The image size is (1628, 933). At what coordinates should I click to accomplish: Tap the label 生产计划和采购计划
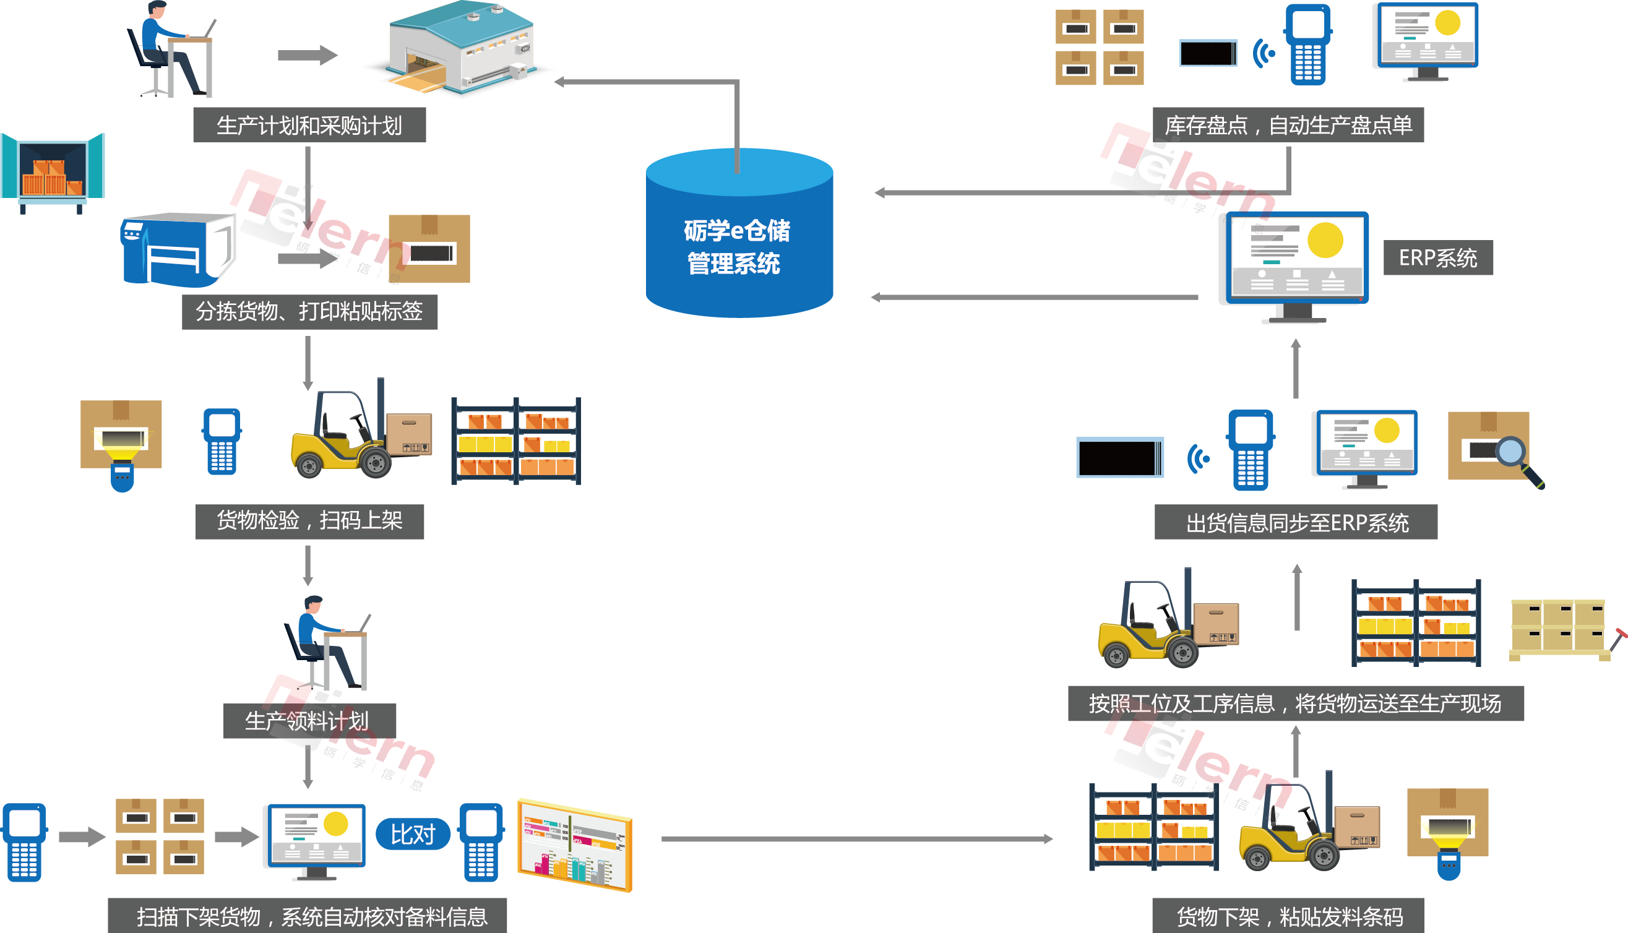(309, 125)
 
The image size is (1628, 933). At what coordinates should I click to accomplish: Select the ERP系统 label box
(1437, 257)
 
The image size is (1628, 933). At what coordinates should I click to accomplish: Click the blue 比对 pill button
(413, 834)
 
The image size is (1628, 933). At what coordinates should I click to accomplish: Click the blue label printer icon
(173, 250)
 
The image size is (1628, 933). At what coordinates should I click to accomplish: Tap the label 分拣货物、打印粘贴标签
(309, 312)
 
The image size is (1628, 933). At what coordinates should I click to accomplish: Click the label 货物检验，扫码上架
(309, 521)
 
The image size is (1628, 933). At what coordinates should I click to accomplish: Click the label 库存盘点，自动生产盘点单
(1287, 125)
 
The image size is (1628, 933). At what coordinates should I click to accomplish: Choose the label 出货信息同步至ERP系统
(1295, 522)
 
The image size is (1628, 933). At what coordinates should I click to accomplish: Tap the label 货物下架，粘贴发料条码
(1287, 916)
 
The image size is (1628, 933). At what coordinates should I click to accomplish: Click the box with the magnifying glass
(1493, 449)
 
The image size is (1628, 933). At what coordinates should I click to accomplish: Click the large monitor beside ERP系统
(1295, 263)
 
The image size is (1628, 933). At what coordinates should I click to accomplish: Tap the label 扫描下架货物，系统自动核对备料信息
(307, 916)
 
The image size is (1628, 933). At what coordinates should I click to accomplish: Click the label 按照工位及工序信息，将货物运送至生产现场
(1295, 703)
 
